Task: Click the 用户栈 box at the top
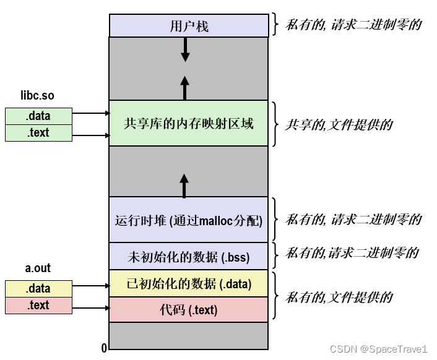click(189, 25)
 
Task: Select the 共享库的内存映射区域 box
click(189, 123)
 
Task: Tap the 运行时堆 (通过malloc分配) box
click(189, 220)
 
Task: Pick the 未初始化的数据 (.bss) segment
click(189, 255)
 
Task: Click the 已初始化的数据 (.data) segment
click(189, 283)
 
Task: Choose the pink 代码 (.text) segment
click(189, 309)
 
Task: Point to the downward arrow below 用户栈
click(184, 49)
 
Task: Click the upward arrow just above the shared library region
click(184, 88)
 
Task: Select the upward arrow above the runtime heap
click(183, 185)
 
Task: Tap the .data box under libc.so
click(38, 116)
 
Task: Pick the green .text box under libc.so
click(38, 132)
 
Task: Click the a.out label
click(38, 268)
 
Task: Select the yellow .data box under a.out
click(38, 288)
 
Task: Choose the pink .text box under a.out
click(38, 305)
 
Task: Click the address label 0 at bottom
click(104, 348)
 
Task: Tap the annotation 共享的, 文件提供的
click(339, 124)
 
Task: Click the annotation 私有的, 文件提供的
click(339, 298)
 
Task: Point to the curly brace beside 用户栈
click(276, 25)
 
